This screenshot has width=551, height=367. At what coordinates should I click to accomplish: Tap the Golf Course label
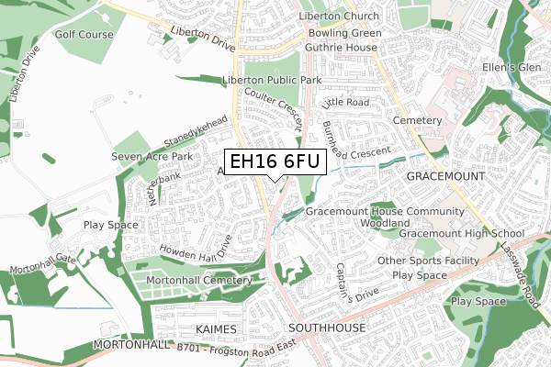(84, 35)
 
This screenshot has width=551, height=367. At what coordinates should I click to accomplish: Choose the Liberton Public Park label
(270, 81)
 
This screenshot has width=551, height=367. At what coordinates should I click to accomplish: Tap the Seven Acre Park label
(152, 158)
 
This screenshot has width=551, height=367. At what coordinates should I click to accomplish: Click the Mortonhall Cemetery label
(198, 280)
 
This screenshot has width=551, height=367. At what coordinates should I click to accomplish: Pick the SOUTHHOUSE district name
(328, 328)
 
